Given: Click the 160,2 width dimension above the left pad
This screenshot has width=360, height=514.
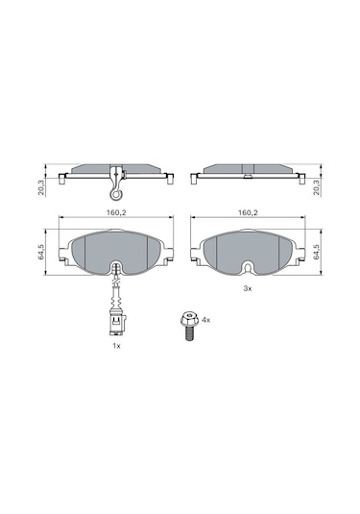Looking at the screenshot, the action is (116, 212).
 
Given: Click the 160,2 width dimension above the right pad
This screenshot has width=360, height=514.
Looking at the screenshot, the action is (248, 212).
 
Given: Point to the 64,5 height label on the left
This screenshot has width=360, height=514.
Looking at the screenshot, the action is (41, 252).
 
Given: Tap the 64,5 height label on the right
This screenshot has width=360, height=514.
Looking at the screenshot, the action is (316, 252).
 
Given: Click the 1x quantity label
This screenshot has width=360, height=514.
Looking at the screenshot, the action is (116, 346).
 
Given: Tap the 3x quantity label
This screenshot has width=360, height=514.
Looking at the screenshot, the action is (248, 288).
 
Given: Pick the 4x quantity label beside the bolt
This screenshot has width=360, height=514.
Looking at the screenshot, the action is (206, 320).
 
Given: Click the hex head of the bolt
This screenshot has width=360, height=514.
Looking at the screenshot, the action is (189, 319).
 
